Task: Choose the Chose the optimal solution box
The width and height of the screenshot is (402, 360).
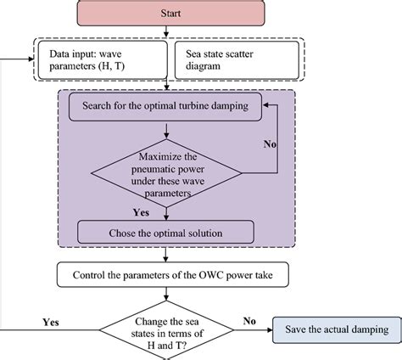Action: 167,232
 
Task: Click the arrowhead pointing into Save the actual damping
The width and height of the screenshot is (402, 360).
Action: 269,330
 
